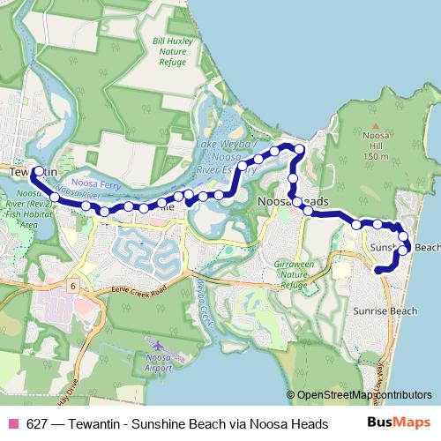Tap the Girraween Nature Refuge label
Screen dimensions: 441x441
[295, 273]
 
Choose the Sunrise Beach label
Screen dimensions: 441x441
[385, 311]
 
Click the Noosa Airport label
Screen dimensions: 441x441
[158, 363]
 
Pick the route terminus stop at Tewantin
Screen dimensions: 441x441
[37, 171]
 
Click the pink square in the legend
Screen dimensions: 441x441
[12, 424]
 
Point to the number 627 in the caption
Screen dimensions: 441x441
[37, 424]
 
